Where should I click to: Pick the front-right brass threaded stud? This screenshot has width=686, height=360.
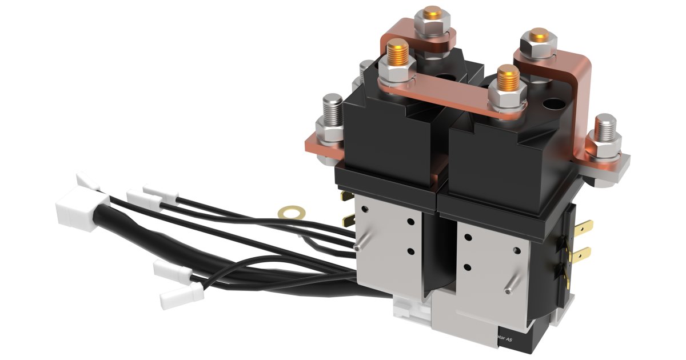pos(508,80)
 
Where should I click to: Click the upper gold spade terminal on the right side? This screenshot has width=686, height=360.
pos(582,227)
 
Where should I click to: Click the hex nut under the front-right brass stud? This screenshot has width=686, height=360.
pos(507,103)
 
